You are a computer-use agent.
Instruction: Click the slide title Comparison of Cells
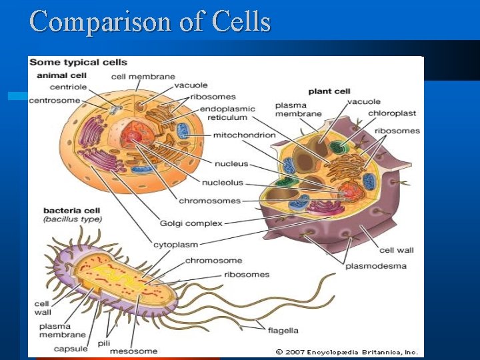150,21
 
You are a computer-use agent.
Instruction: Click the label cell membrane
143,77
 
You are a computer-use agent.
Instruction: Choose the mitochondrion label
244,135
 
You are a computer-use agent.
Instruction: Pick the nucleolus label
223,183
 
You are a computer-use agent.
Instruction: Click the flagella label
283,330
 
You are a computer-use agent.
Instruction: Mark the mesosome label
135,351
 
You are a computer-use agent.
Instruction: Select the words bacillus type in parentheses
72,219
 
